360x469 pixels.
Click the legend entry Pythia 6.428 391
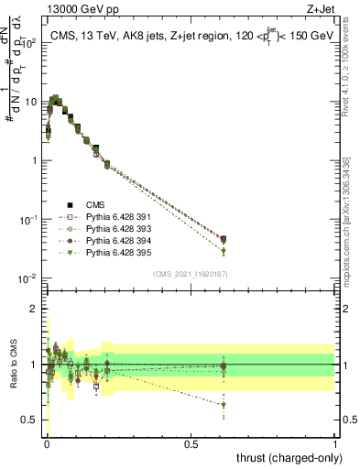pos(108,217)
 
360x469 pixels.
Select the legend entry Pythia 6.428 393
pos(108,229)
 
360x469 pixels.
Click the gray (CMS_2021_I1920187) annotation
pos(191,274)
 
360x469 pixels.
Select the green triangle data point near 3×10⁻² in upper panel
pos(223,251)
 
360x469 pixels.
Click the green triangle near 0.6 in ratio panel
pos(223,405)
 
